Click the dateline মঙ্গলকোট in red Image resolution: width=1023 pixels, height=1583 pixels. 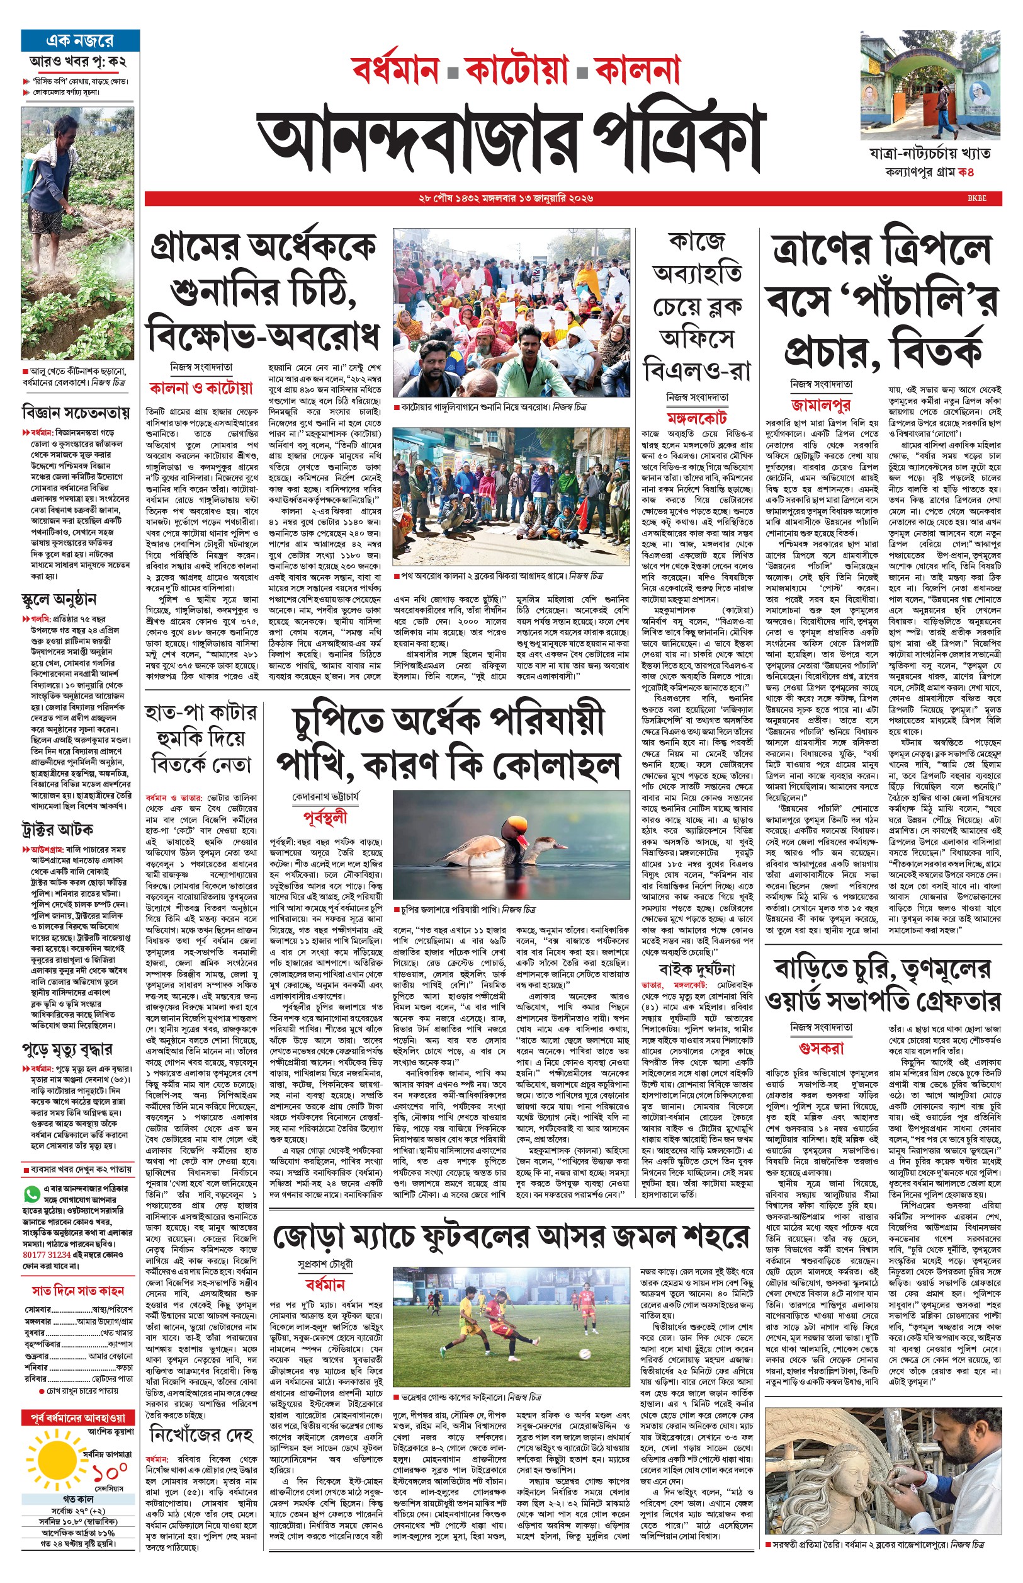[x=697, y=418]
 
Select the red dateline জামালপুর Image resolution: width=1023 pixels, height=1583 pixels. [x=821, y=404]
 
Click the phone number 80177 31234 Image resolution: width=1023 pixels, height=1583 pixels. [x=46, y=1254]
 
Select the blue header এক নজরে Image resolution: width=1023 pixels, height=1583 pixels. [x=80, y=40]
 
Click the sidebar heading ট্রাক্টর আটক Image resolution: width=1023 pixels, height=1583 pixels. [x=57, y=830]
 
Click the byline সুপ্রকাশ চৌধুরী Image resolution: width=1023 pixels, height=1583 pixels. [x=325, y=1264]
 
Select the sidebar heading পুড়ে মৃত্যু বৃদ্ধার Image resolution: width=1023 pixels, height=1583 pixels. [x=67, y=1049]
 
